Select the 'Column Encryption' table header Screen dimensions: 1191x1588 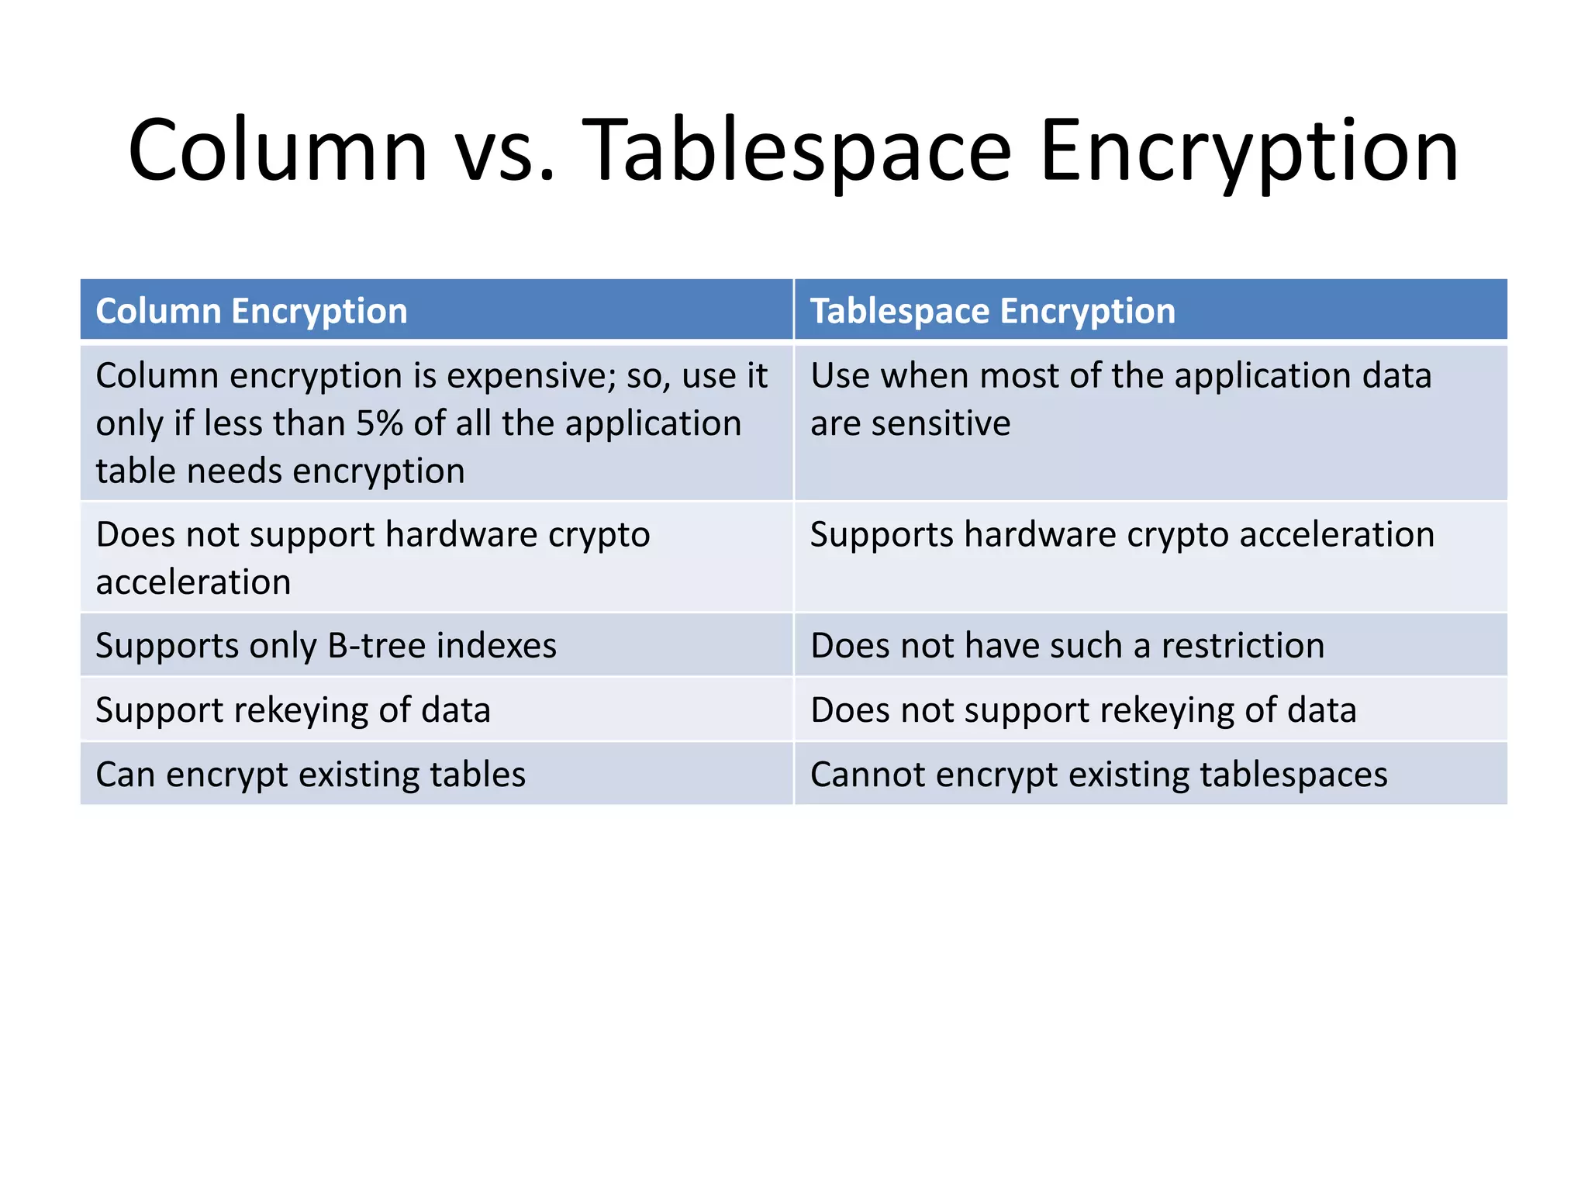(x=251, y=311)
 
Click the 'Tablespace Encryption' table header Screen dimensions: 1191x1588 (x=992, y=311)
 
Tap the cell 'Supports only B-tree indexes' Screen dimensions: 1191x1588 (x=326, y=645)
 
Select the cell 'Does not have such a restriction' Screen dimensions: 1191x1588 (x=1067, y=645)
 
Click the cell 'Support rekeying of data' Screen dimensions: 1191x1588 (x=293, y=709)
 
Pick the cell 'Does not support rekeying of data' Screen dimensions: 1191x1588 (x=1083, y=709)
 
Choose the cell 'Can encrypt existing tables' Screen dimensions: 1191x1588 (x=310, y=774)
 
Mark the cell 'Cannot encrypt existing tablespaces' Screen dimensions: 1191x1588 (x=1099, y=774)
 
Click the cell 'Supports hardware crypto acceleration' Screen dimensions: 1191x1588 (x=1122, y=534)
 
